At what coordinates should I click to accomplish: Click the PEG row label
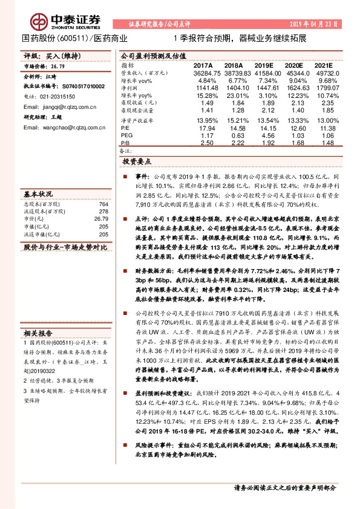127,135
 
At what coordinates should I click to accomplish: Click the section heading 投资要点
137,162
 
